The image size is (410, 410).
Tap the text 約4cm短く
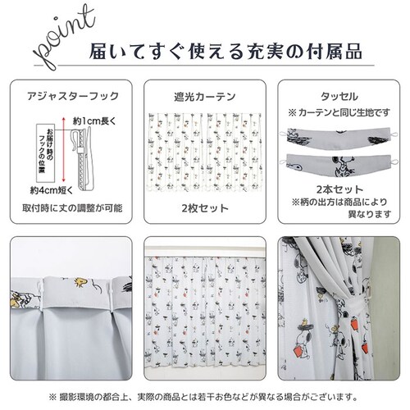53,191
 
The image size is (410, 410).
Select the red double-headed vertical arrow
60,152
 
